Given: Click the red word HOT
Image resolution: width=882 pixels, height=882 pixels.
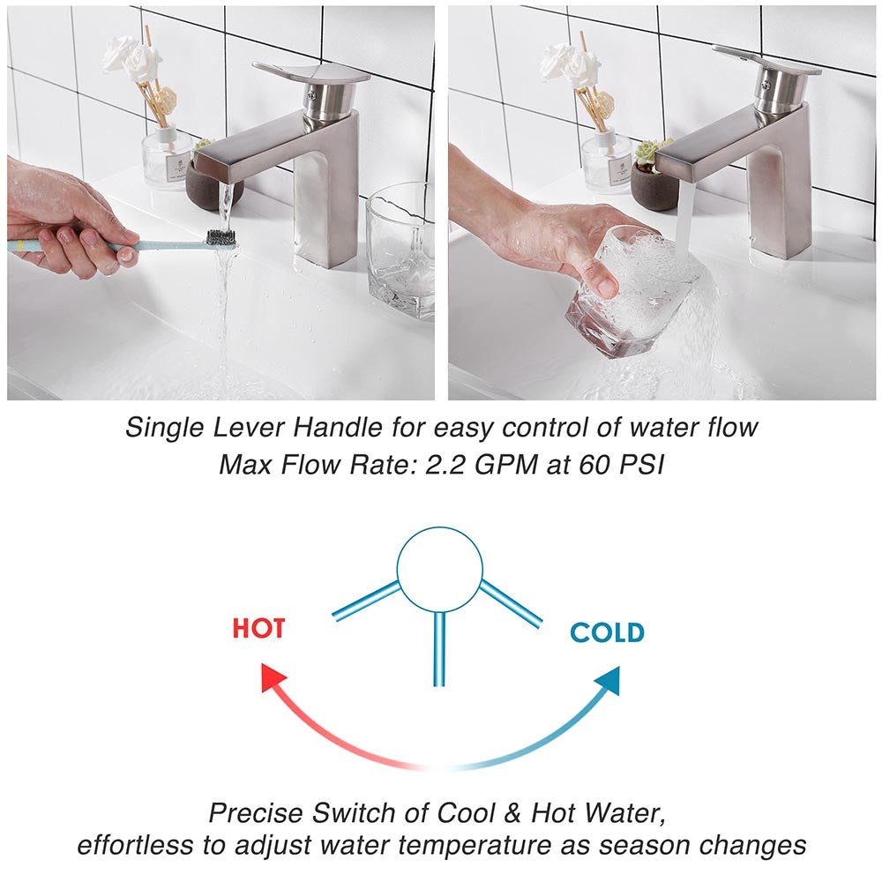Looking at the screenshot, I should point(258,628).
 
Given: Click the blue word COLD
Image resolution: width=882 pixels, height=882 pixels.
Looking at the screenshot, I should point(607,632).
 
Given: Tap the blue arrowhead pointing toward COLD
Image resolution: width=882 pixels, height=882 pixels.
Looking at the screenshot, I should point(608,679).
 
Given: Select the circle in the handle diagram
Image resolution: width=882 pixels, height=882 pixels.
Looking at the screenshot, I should point(439,570).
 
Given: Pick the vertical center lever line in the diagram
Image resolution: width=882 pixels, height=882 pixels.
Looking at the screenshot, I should point(438,649).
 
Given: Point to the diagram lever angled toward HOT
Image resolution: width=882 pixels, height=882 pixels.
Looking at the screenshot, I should point(367,601).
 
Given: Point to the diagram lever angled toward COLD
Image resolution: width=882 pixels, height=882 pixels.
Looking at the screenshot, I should point(511,603).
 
